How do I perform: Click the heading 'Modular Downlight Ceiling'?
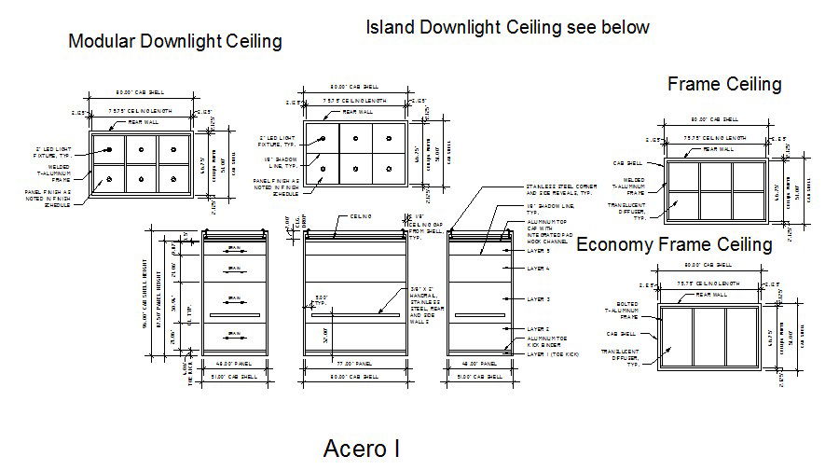tap(175, 41)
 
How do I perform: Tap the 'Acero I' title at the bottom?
tap(362, 449)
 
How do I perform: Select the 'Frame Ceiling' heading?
tap(724, 85)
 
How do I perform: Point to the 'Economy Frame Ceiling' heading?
tap(674, 245)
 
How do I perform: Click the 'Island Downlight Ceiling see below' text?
tap(507, 27)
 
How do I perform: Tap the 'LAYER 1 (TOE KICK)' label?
tap(553, 354)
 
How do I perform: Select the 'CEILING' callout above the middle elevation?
tap(362, 216)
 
